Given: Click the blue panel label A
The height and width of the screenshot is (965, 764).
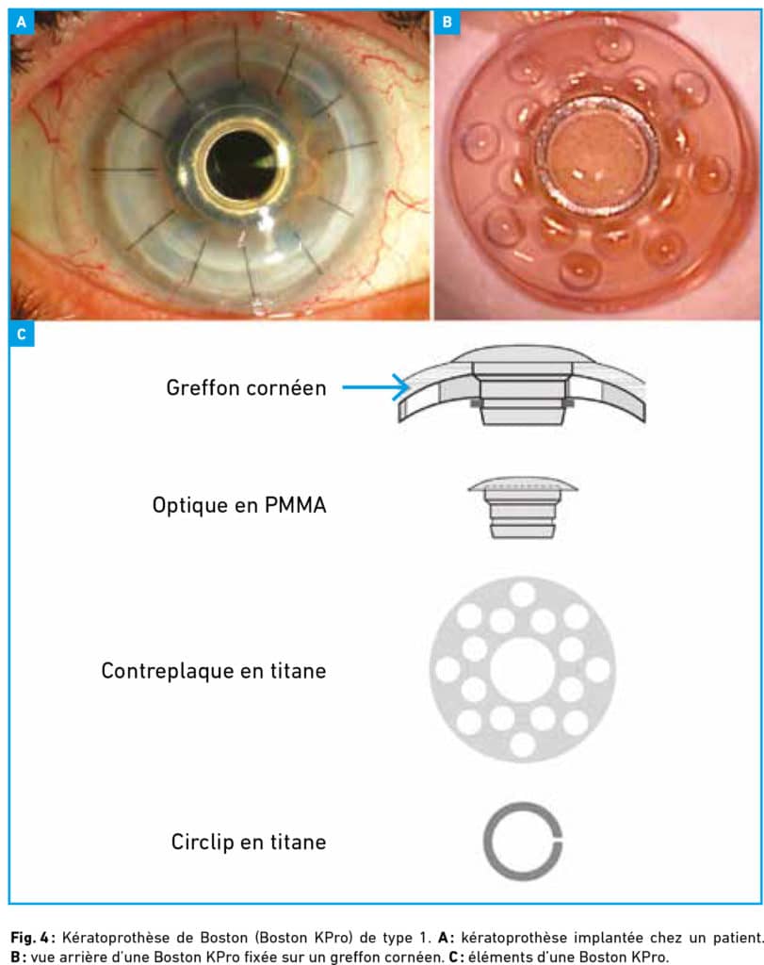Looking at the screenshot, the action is point(22,23).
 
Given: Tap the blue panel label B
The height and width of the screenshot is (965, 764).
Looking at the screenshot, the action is point(447,23).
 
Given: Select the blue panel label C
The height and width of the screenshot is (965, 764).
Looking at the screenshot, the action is point(22,335).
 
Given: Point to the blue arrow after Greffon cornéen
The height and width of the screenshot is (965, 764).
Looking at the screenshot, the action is point(376,387).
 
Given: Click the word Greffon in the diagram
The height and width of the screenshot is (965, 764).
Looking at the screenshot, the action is point(203,387).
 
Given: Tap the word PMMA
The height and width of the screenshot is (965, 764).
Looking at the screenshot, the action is point(295,505).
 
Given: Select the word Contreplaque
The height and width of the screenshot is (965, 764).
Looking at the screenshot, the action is point(167,671).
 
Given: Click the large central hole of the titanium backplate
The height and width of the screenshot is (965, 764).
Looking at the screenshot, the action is point(523,670).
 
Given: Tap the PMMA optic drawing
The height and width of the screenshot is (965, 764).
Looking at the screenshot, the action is point(523,507).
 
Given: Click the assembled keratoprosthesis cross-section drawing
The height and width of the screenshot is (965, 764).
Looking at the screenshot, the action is point(522,384).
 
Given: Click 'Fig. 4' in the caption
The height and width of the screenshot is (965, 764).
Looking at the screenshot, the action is point(29,938).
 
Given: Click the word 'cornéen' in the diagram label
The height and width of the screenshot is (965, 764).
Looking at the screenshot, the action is point(286,387).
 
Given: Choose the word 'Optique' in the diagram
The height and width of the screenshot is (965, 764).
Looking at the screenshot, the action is point(189,505).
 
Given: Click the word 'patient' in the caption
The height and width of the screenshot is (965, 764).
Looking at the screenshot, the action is point(738,938).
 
